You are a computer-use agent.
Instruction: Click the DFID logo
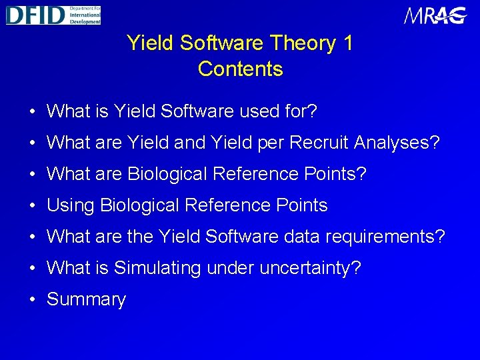pyautogui.click(x=53, y=15)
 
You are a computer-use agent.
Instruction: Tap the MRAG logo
pyautogui.click(x=435, y=16)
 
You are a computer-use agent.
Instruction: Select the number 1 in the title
pyautogui.click(x=347, y=43)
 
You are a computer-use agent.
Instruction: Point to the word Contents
pyautogui.click(x=240, y=69)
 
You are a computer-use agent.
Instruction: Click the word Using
pyautogui.click(x=71, y=205)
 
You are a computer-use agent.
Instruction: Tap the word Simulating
pyautogui.click(x=157, y=268)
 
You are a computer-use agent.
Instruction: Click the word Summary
pyautogui.click(x=86, y=300)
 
